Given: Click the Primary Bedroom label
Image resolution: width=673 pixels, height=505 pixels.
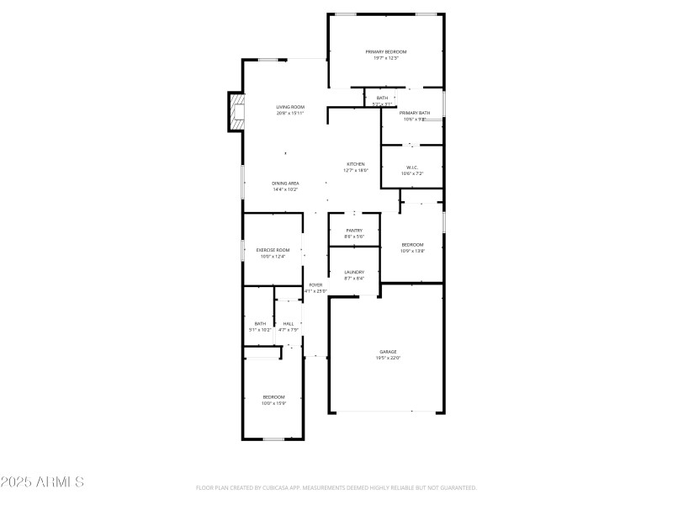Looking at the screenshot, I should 386,52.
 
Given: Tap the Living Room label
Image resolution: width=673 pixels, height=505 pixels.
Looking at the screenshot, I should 290,107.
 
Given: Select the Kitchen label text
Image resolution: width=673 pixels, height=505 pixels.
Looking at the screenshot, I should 356,164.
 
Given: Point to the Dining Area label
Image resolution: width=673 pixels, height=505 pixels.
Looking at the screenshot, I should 285,183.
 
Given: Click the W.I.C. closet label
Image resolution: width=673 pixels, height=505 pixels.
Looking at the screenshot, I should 412,167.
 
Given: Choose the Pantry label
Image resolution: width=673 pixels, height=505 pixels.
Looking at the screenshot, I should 354,231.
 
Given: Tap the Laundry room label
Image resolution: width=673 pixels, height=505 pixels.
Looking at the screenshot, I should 354,272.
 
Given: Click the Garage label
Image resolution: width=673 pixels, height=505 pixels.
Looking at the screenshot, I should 388,352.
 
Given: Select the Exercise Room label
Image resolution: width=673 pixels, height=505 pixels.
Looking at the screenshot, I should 273,250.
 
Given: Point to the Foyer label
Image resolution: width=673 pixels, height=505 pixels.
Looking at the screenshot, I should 315,285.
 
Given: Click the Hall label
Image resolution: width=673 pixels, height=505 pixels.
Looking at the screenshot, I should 289,323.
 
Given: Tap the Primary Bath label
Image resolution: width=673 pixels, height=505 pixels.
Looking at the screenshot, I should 415,113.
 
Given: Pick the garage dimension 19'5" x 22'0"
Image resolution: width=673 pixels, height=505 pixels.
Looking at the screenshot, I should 388,359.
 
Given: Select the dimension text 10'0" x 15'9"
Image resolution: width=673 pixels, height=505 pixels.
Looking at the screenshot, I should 273,403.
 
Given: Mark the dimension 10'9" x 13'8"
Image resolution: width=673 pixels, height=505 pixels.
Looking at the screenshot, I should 412,251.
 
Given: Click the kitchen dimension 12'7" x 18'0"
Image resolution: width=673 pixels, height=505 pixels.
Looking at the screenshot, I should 356,171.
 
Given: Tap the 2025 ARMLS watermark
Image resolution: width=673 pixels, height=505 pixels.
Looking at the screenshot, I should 42,482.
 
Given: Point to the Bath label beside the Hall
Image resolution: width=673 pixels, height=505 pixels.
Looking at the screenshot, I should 260,323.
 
